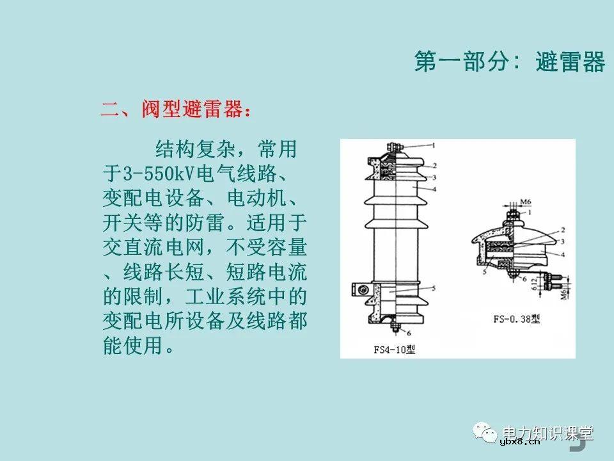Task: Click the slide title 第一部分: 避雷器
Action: pos(509,62)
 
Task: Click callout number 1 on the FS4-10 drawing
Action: pos(432,145)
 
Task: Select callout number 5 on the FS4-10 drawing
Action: pos(432,289)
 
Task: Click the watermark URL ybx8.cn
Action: pos(520,441)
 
